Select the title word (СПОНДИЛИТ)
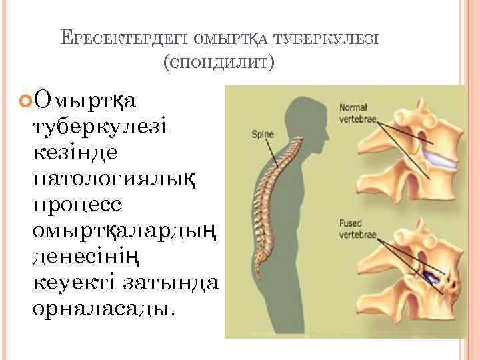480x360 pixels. [x=218, y=63]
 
